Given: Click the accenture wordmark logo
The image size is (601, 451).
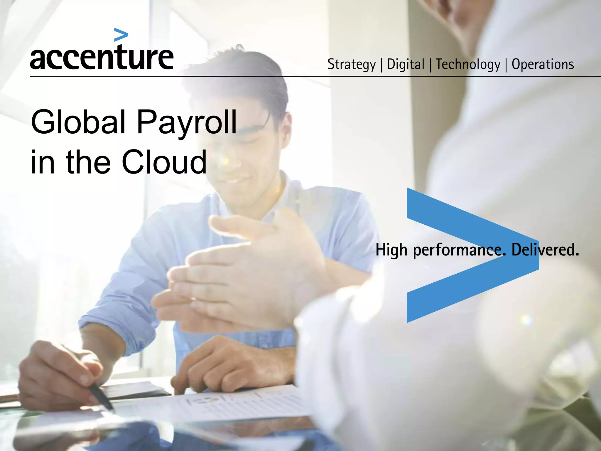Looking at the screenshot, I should [102, 57].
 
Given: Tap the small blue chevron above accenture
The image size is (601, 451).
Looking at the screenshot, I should [121, 35].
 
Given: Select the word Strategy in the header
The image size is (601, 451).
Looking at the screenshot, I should [351, 64].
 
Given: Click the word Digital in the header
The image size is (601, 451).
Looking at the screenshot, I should [406, 64].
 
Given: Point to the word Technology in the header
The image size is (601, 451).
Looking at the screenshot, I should [468, 64].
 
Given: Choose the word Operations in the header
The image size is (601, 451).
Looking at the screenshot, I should [543, 64].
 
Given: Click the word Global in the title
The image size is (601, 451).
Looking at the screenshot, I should [78, 122].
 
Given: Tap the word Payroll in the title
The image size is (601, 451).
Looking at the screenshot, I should [187, 123].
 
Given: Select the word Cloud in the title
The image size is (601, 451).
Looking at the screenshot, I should [164, 162].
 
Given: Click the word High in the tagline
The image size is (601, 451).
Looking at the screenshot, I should [391, 250].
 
